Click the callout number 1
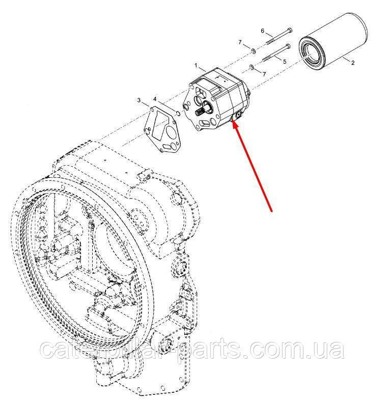click(x=196, y=66)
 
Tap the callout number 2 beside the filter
click(x=353, y=63)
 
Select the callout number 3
click(x=139, y=100)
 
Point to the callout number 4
click(x=155, y=99)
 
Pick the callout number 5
click(x=285, y=62)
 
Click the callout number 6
click(x=263, y=31)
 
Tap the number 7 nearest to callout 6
click(x=240, y=42)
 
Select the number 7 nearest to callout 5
click(x=264, y=74)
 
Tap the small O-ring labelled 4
click(x=178, y=113)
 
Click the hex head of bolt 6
click(x=290, y=30)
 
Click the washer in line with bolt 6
click(x=253, y=51)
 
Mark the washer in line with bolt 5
click(x=252, y=67)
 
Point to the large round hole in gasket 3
click(x=170, y=132)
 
